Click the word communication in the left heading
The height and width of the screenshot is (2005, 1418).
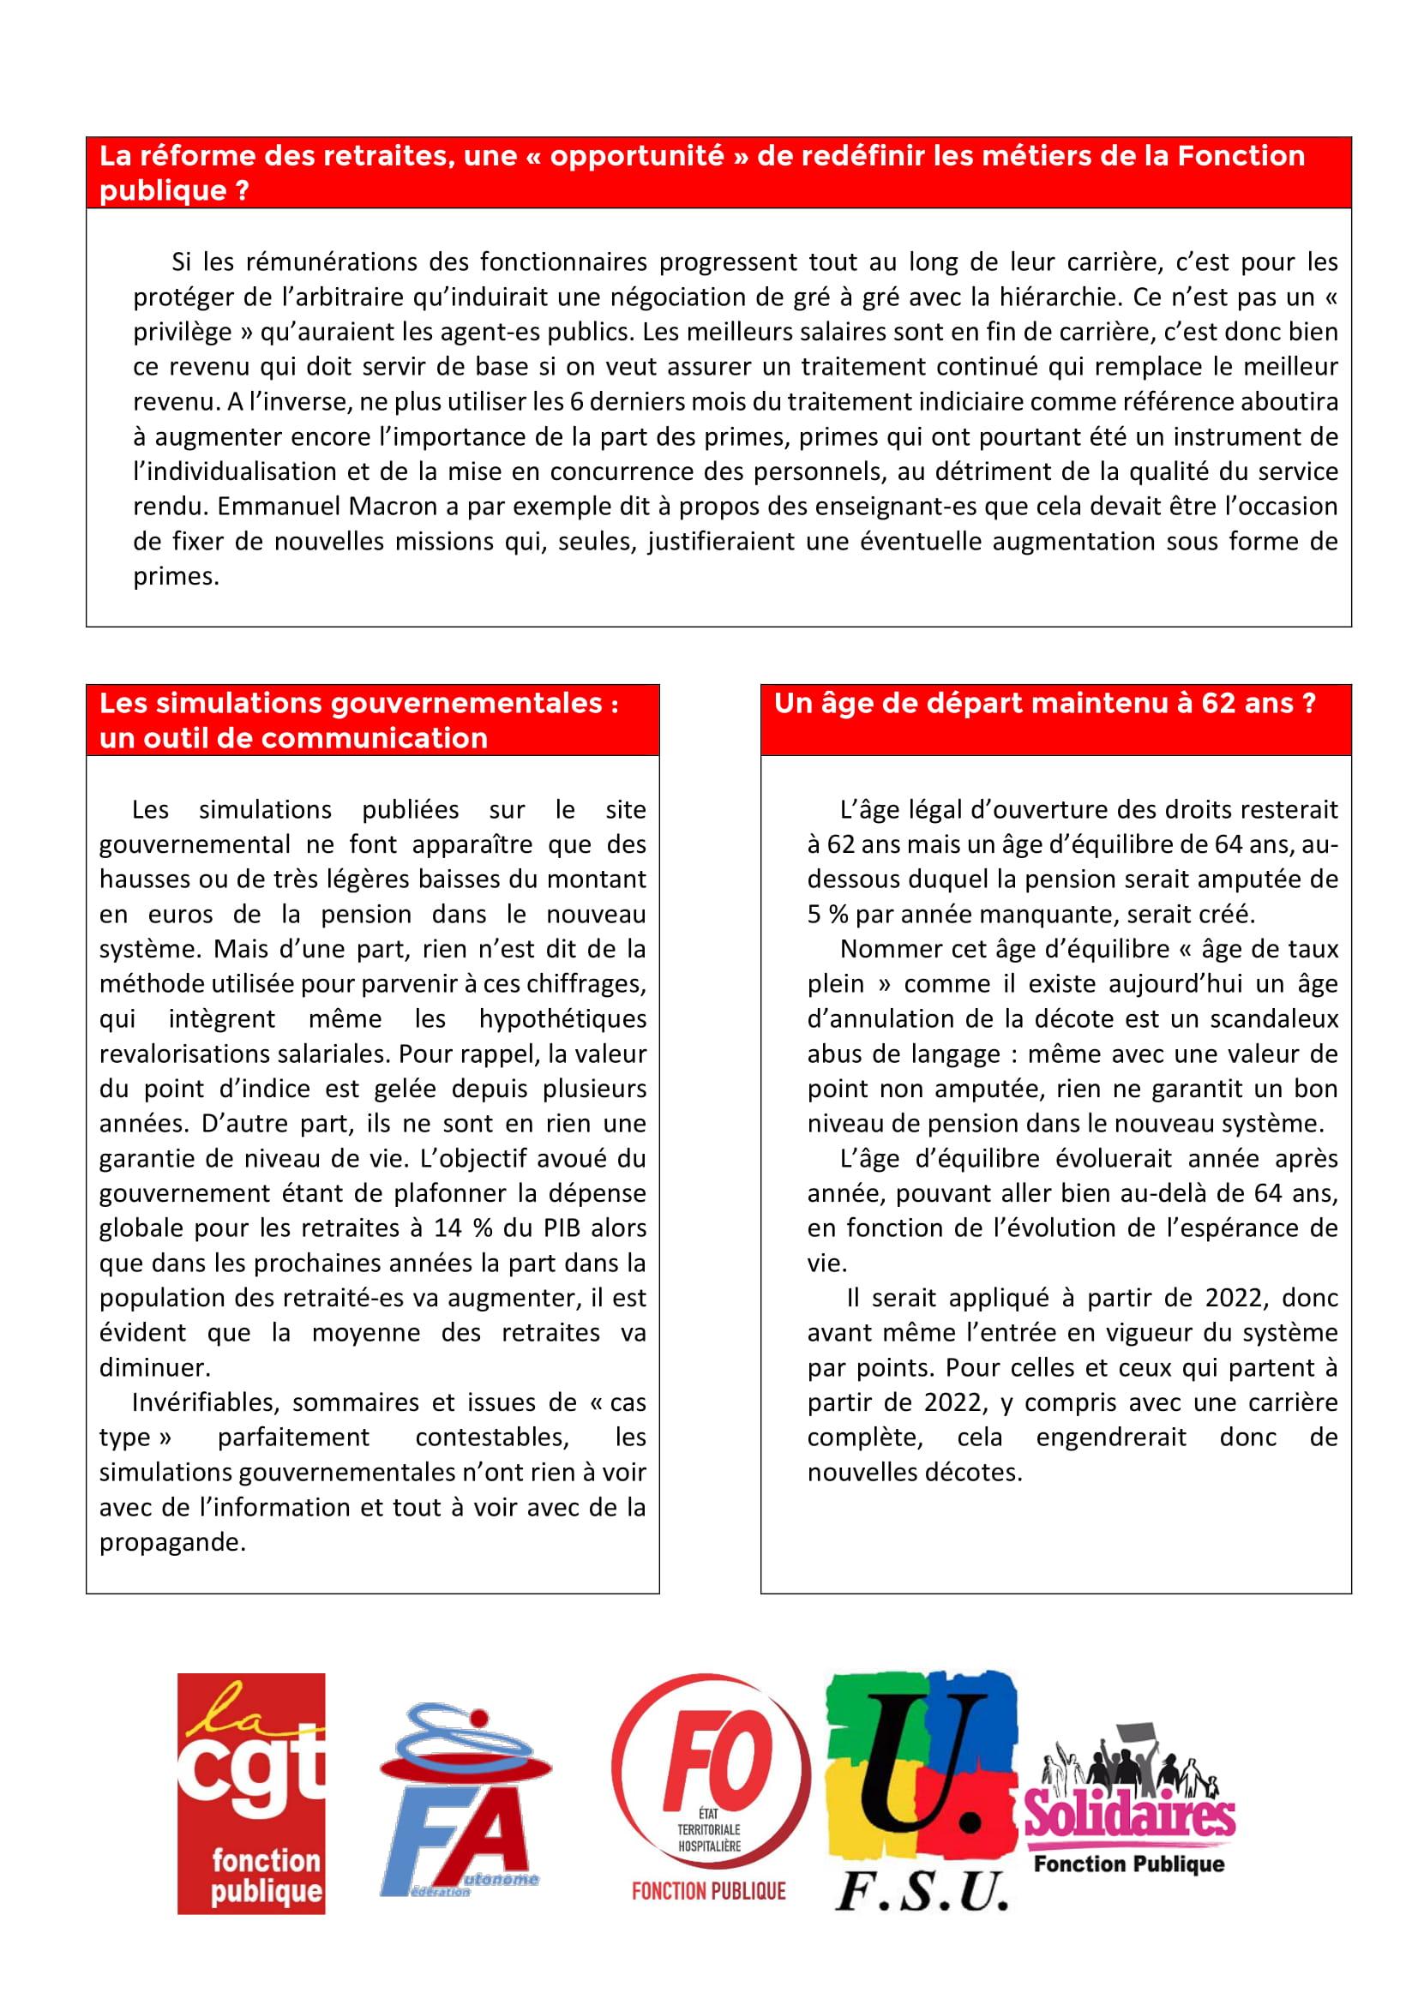click(375, 738)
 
